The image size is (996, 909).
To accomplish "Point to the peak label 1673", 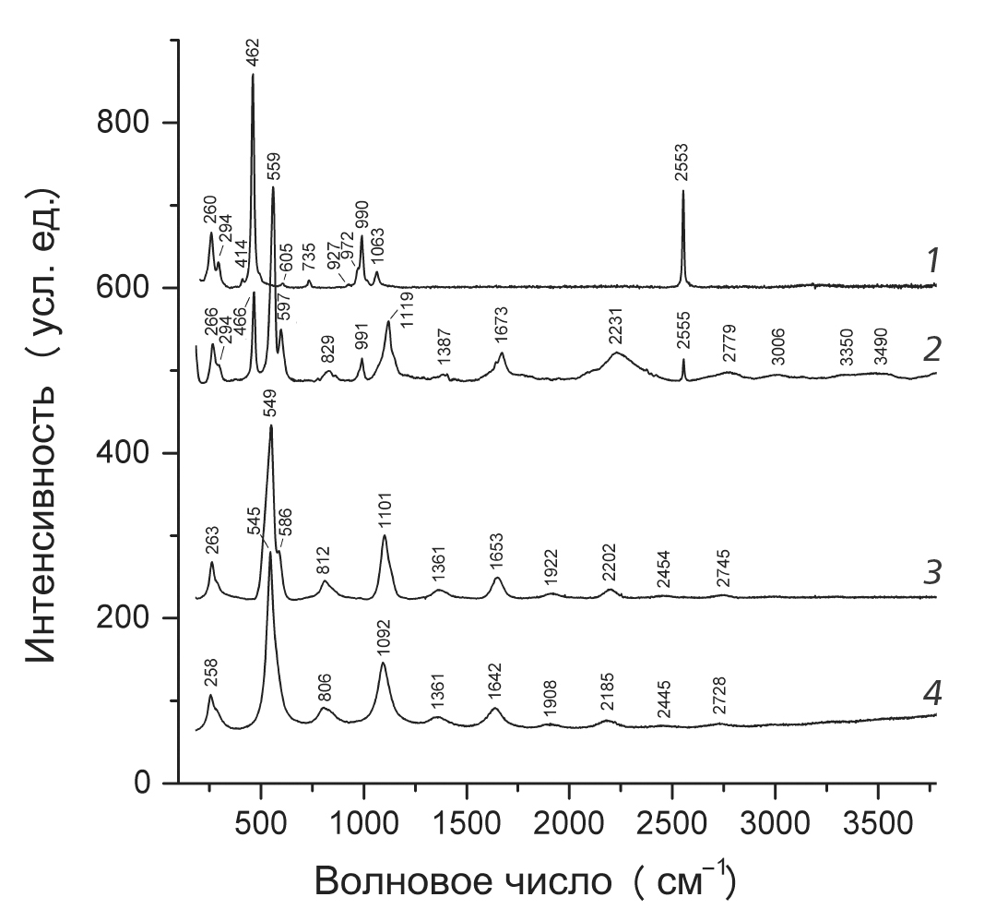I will pyautogui.click(x=502, y=328).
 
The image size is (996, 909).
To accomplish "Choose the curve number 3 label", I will pyautogui.click(x=932, y=573).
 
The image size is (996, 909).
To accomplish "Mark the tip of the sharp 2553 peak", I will pyautogui.click(x=683, y=192).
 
